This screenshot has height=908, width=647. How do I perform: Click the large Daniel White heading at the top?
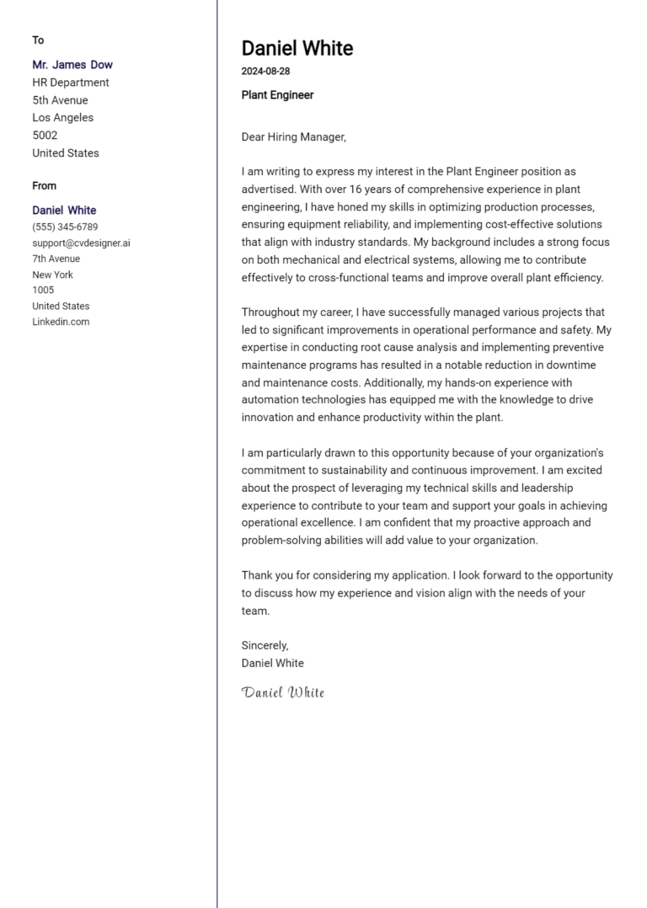[297, 48]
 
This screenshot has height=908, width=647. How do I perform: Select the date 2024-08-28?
[265, 72]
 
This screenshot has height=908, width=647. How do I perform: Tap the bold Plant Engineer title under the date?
[277, 95]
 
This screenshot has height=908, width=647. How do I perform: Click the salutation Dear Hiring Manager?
[293, 136]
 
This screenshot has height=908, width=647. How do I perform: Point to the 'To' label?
[38, 40]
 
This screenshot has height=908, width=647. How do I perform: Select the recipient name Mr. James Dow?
[72, 65]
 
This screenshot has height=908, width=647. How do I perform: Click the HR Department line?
[71, 83]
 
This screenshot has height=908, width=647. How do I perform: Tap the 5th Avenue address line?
[60, 100]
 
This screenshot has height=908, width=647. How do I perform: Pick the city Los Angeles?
[63, 118]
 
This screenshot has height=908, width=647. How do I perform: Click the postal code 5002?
[45, 136]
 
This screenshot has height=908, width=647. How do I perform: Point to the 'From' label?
[45, 186]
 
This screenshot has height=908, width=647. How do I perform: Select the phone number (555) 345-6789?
[65, 227]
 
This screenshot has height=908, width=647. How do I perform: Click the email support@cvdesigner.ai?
[81, 243]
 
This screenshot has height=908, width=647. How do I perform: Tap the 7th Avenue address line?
[56, 259]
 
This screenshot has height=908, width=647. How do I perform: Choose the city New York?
[53, 275]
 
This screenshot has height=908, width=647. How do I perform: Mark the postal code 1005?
[43, 291]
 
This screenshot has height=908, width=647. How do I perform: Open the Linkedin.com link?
[61, 322]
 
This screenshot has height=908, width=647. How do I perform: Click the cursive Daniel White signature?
[283, 693]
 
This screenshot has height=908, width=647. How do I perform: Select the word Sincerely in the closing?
[265, 645]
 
